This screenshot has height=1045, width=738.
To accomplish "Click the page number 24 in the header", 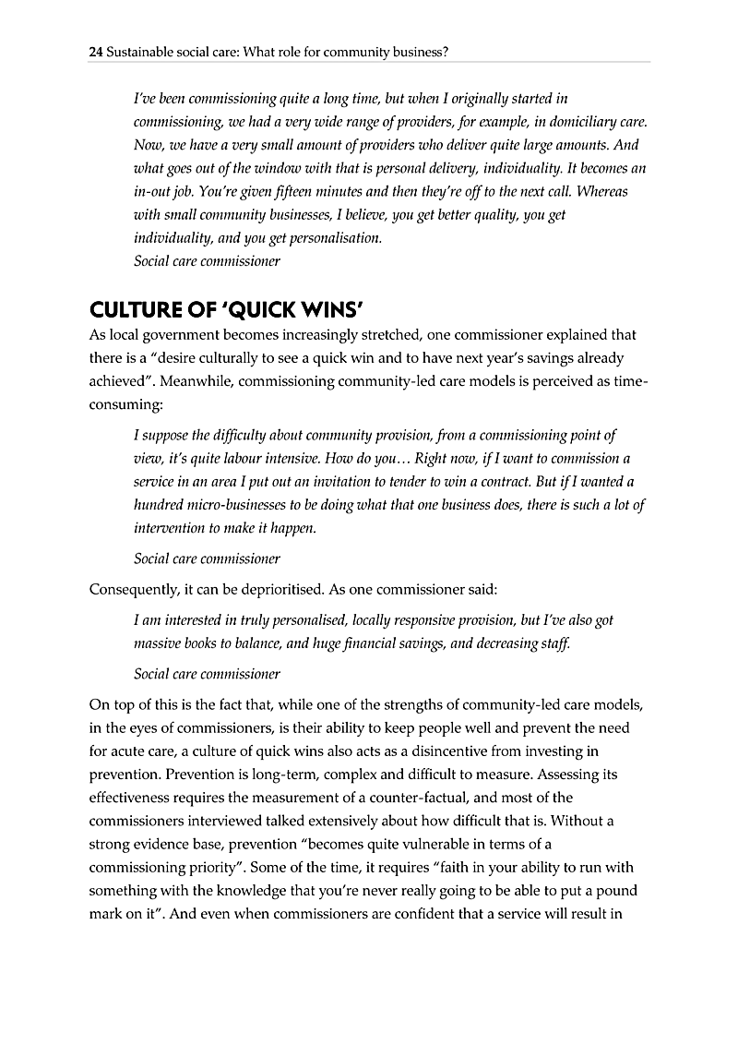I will click(95, 53).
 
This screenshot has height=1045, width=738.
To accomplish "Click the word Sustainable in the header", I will click(139, 53).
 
